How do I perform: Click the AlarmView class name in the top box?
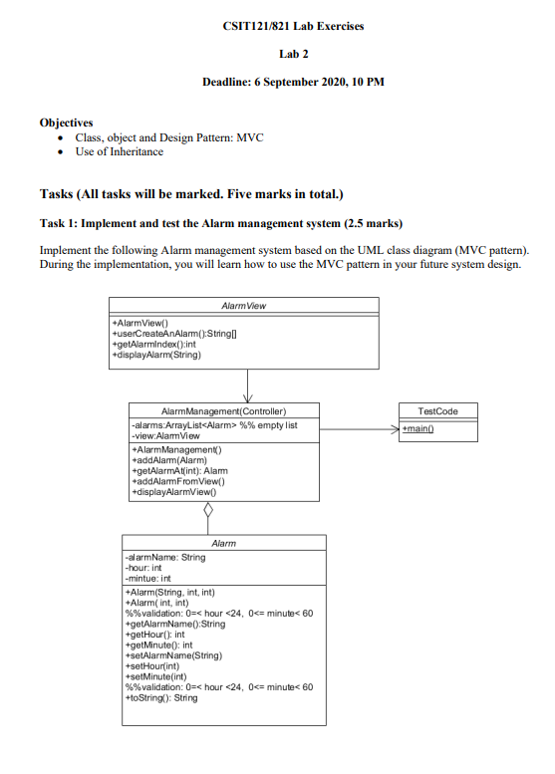(243, 307)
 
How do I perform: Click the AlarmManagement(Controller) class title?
(223, 410)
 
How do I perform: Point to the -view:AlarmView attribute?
(163, 435)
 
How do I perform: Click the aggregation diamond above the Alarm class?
(207, 510)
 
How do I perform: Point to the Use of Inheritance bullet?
(119, 151)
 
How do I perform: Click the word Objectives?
(67, 123)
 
